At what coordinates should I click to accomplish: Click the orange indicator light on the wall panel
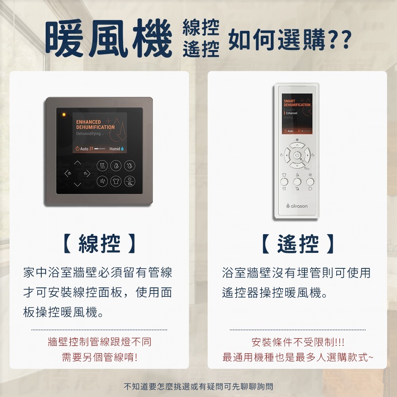coord(63,115)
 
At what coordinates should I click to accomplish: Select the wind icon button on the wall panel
coord(103,181)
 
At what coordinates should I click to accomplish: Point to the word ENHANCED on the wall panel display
coord(89,121)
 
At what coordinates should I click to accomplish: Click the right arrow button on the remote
coord(306,154)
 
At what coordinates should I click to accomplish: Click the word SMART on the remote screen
coord(289,101)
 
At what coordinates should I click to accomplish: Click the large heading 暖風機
coord(108,39)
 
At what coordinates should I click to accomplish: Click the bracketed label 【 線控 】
coord(99,243)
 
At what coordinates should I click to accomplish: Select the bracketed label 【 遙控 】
coord(298,243)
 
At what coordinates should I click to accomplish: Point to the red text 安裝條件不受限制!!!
coord(298,342)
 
